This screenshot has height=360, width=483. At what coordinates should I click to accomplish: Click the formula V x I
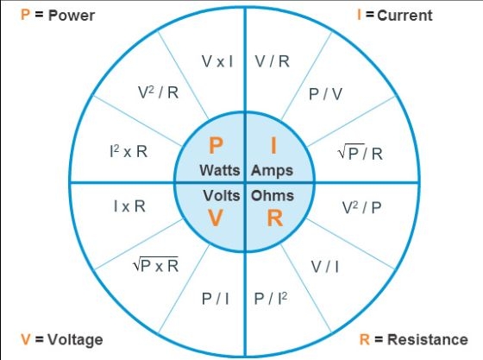[x=217, y=61]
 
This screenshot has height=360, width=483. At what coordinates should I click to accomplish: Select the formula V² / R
[x=159, y=92]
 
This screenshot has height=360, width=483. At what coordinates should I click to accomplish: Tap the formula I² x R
[x=129, y=151]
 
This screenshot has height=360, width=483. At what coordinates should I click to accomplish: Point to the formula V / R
[x=273, y=61]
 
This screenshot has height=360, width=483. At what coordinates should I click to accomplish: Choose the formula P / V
[x=325, y=94]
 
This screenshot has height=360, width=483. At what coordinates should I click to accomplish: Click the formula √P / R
[x=361, y=153]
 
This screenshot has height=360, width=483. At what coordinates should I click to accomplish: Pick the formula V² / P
[x=361, y=207]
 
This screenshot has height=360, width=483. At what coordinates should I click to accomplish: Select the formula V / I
[x=325, y=267]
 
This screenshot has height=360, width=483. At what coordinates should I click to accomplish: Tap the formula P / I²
[x=271, y=299]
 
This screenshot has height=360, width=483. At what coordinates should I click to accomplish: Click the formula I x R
[x=129, y=206]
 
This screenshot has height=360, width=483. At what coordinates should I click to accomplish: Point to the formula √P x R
[x=155, y=265]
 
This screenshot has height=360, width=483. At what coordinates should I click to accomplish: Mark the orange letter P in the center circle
[x=216, y=145]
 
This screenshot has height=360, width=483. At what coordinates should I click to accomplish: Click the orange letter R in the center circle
[x=275, y=218]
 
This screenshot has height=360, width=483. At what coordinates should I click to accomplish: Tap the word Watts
[x=220, y=170]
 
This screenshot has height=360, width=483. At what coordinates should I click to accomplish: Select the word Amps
[x=272, y=171]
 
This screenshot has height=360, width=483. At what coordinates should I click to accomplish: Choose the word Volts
[x=222, y=195]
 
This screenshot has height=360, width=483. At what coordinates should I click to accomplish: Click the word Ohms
[x=273, y=196]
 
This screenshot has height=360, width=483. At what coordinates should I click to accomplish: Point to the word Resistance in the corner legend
[x=428, y=339]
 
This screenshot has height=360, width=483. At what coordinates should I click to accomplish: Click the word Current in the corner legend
[x=405, y=16]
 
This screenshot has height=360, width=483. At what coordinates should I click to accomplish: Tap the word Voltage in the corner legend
[x=75, y=340]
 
